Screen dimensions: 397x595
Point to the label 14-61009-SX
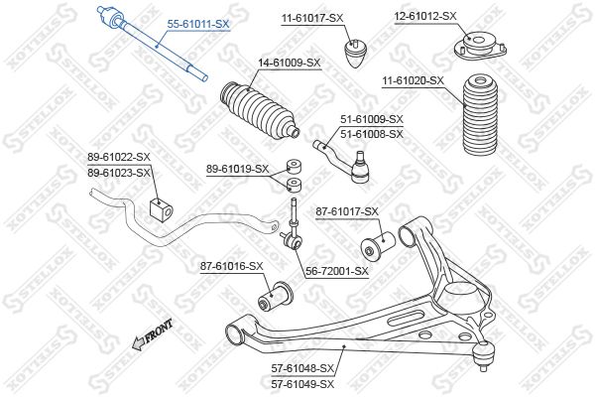[290, 63]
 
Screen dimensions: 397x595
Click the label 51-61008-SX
[372, 134]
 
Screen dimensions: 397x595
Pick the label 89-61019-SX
[237, 168]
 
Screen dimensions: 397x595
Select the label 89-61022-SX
[119, 157]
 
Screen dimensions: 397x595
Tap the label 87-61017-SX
[347, 211]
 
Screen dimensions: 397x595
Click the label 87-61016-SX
[231, 266]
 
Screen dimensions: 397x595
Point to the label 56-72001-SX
[336, 270]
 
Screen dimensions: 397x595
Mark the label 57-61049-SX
[302, 383]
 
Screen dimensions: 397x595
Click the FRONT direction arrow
[152, 334]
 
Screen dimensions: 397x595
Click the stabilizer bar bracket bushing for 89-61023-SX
[158, 209]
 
